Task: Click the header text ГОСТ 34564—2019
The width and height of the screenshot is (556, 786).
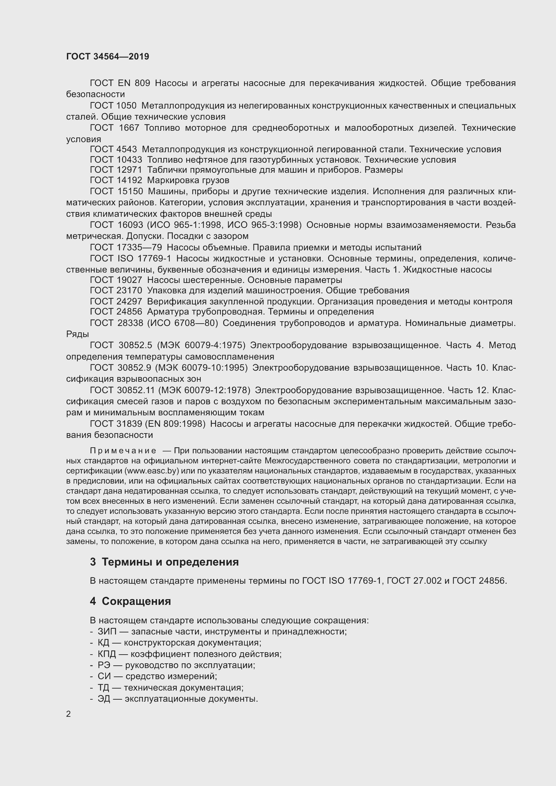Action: pos(108,57)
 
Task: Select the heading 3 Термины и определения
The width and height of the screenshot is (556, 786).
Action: pos(164,562)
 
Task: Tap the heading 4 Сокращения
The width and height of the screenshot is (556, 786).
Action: pos(130,601)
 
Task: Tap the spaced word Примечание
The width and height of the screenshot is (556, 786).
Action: pos(123,451)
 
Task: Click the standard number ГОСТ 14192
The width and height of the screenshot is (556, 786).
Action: pos(116,180)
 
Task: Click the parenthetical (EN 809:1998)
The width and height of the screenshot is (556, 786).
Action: pos(175,424)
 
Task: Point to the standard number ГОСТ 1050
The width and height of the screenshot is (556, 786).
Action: pos(113,106)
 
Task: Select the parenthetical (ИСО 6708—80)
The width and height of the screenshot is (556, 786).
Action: pos(182,323)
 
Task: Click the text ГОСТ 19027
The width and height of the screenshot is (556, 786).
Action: pos(116,280)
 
